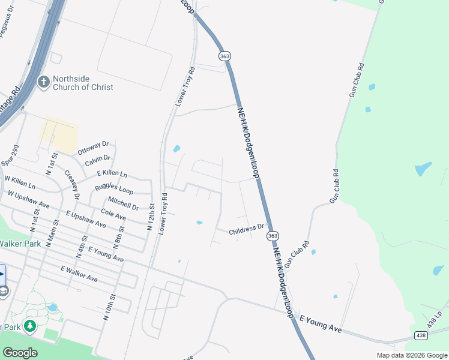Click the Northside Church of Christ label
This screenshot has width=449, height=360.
83,83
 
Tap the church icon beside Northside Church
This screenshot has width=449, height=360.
43,82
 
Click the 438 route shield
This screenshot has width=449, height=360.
421,334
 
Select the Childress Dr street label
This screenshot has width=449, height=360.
247,229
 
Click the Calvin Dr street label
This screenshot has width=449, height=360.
97,161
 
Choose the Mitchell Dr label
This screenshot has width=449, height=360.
124,203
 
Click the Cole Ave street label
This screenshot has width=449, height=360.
113,214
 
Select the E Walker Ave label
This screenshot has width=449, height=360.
79,274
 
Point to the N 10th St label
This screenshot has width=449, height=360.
109,310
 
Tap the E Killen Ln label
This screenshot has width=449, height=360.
112,174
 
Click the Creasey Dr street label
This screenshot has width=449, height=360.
72,184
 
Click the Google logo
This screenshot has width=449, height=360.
20,353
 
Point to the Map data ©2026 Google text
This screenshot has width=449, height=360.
411,355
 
